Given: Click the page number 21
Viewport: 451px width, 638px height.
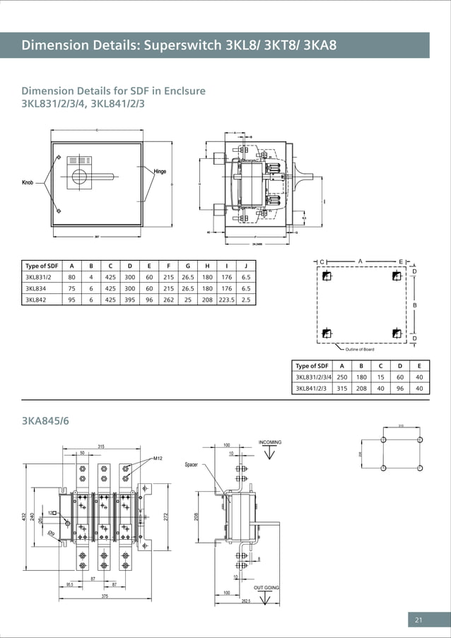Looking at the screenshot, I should click(418, 620).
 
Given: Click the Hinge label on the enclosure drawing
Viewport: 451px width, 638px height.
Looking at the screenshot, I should click(165, 172).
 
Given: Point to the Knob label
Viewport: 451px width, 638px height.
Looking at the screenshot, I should click(28, 183).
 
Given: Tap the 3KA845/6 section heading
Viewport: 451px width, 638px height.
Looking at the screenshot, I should click(46, 423).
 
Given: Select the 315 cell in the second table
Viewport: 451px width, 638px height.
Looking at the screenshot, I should click(341, 388).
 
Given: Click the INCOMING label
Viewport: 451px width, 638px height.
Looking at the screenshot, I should click(270, 442).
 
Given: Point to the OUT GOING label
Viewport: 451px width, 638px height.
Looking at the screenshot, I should click(266, 588).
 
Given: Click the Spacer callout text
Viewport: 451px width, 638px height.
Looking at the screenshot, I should click(191, 465).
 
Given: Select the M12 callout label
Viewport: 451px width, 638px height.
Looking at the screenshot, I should click(158, 459).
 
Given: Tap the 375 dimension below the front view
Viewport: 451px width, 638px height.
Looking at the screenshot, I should click(104, 598).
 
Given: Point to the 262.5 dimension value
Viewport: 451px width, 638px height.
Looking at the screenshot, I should click(246, 601).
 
